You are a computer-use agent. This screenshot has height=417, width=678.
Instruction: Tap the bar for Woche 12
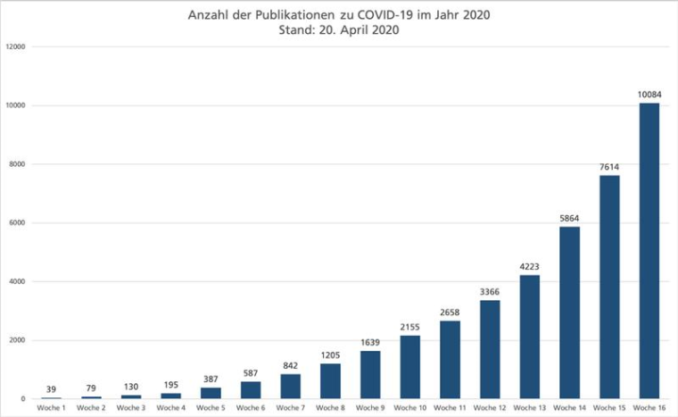(x=490, y=349)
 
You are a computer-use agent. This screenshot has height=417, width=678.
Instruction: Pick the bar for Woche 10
(x=410, y=367)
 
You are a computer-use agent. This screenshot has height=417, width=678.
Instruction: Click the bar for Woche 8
(x=330, y=381)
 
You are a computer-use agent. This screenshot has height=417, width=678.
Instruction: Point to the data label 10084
(x=649, y=95)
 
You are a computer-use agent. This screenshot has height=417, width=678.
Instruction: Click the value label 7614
(x=609, y=167)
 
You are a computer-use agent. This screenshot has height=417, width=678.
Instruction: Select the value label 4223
(x=530, y=266)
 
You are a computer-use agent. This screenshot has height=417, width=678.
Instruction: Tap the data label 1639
(x=370, y=342)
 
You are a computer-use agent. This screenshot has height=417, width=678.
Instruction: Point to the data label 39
(x=51, y=389)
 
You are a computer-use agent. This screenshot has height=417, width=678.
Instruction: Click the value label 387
(x=211, y=379)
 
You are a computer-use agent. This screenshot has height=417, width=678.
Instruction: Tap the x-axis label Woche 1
(x=51, y=408)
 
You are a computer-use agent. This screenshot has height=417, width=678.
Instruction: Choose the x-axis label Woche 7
(x=291, y=408)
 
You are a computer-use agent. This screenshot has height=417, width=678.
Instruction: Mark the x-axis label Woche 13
(x=530, y=408)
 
